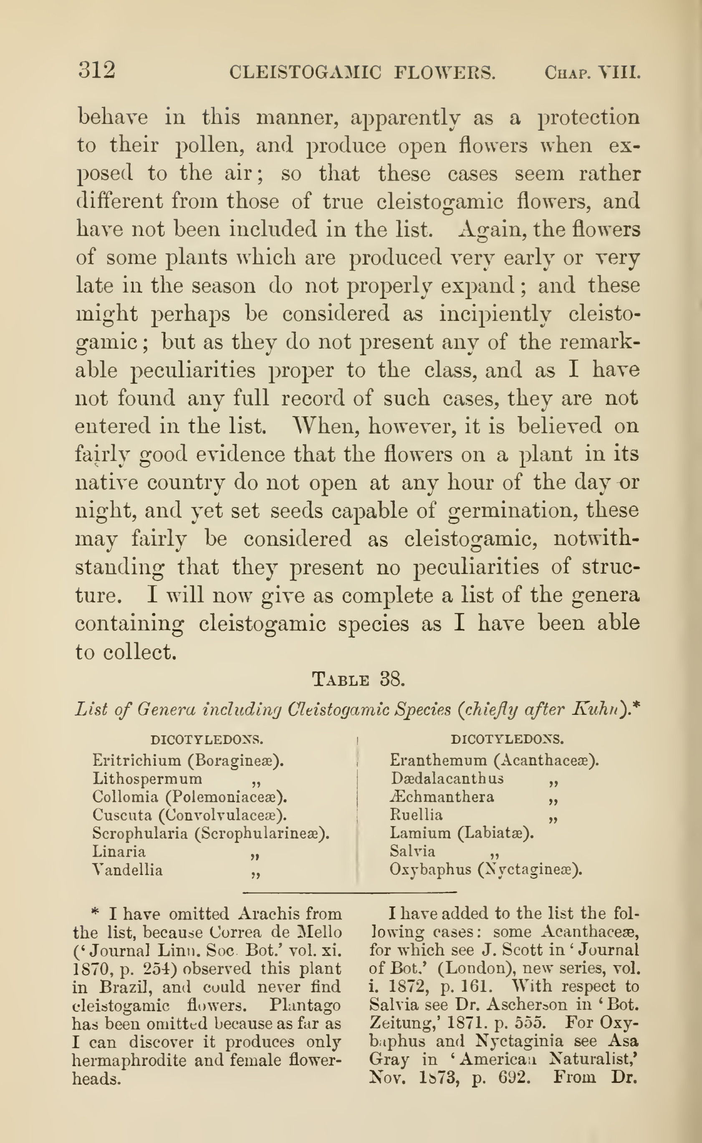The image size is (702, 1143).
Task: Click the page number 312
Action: [x=96, y=71]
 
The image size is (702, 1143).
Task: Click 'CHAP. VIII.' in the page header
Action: [x=592, y=73]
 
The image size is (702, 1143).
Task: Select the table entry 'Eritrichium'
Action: [x=136, y=760]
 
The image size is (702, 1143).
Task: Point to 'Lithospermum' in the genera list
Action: [x=147, y=779]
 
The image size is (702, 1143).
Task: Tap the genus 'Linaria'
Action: [x=119, y=851]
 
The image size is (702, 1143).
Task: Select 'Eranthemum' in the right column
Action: [x=438, y=760]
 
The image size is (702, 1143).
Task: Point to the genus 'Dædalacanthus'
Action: [x=447, y=778]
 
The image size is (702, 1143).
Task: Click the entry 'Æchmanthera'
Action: [x=442, y=797]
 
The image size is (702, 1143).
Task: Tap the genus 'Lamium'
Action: [x=420, y=833]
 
